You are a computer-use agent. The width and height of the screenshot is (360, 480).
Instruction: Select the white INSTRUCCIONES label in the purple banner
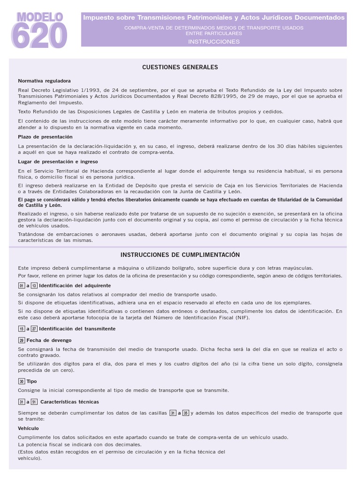click(214, 42)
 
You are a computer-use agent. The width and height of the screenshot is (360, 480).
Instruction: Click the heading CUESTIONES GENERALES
click(180, 67)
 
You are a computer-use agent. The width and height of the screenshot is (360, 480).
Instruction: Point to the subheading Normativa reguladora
click(45, 81)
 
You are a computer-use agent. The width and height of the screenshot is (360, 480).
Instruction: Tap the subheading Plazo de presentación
click(45, 136)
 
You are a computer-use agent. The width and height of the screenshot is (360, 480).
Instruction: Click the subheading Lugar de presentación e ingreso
click(55, 162)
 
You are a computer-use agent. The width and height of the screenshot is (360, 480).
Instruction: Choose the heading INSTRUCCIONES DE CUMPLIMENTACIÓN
click(180, 255)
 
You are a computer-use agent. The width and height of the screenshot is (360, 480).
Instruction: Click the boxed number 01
click(21, 285)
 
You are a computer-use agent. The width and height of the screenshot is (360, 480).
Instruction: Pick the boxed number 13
click(34, 285)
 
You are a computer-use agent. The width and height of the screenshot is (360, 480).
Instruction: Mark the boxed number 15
click(21, 329)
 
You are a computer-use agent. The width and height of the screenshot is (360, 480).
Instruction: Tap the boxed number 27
click(34, 329)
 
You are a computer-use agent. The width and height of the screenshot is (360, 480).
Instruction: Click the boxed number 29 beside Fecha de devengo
click(21, 340)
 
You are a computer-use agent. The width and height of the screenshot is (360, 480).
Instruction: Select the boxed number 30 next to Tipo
click(21, 382)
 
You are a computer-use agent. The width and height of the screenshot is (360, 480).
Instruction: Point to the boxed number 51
click(34, 402)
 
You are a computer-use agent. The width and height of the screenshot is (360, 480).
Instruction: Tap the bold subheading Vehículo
click(29, 428)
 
